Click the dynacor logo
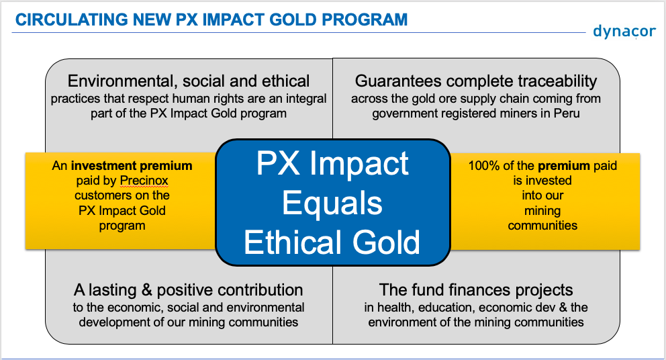pyautogui.click(x=624, y=32)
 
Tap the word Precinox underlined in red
pyautogui.click(x=144, y=181)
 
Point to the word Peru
pyautogui.click(x=567, y=114)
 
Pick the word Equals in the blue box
pyautogui.click(x=332, y=204)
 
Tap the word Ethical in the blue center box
pyautogui.click(x=293, y=242)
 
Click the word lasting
pyautogui.click(x=113, y=290)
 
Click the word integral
pyautogui.click(x=306, y=99)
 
